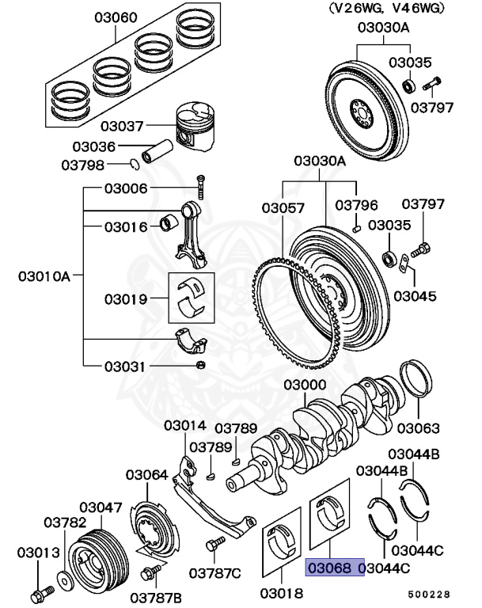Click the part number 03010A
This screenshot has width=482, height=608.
tap(44, 276)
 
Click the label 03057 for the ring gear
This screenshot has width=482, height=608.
tap(283, 207)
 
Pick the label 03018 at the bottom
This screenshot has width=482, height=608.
tap(281, 591)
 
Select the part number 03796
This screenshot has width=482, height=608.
tap(355, 204)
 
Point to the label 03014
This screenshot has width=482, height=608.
tap(185, 425)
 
